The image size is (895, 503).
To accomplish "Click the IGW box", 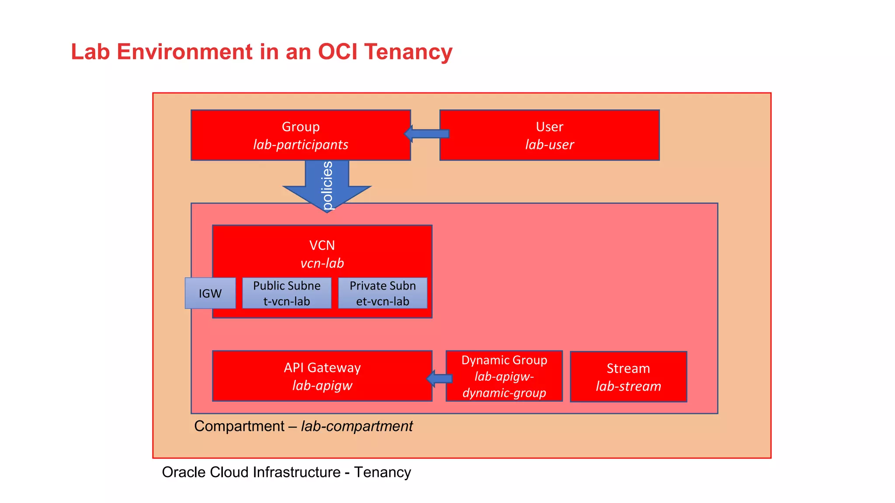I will click(x=210, y=293).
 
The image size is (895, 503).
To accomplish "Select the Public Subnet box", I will click(x=287, y=293).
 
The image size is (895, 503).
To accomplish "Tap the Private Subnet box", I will click(x=382, y=293).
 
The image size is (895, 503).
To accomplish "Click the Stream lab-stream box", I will click(x=628, y=377).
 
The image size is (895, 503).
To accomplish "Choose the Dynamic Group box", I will click(x=504, y=376).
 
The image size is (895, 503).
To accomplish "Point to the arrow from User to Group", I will click(x=427, y=134).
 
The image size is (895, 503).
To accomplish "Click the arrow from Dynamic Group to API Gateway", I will click(x=439, y=379).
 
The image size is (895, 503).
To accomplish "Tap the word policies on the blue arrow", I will click(x=327, y=186).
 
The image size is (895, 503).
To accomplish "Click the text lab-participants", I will click(x=301, y=145).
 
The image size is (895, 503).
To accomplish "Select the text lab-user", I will click(x=549, y=145).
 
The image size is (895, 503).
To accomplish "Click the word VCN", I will click(x=322, y=245).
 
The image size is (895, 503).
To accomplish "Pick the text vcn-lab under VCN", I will click(x=322, y=263).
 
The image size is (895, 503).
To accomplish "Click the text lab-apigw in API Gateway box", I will click(x=322, y=386).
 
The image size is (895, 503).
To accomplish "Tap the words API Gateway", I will click(x=322, y=368).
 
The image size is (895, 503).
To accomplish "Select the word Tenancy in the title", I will click(x=408, y=52).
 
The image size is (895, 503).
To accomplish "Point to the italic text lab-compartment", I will click(x=357, y=426).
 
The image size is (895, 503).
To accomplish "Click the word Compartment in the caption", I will click(x=239, y=426).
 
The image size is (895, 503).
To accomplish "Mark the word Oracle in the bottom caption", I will click(x=184, y=472).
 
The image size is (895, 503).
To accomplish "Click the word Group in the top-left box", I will click(x=301, y=127).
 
